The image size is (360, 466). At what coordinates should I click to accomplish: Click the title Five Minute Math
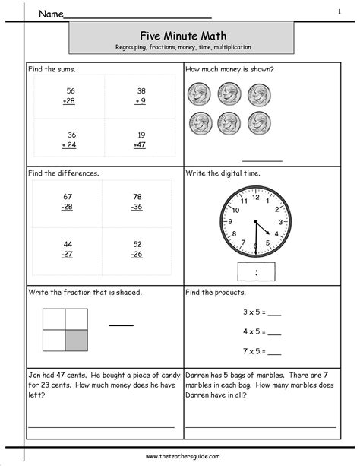(x=181, y=34)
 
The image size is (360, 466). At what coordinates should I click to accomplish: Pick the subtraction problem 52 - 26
(x=137, y=249)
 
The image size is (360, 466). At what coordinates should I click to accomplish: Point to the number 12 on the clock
(x=255, y=194)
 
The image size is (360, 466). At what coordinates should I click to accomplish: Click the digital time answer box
(x=255, y=271)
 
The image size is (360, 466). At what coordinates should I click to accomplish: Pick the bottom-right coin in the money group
(x=258, y=122)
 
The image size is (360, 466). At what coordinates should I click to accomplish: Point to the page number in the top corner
(x=339, y=11)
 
